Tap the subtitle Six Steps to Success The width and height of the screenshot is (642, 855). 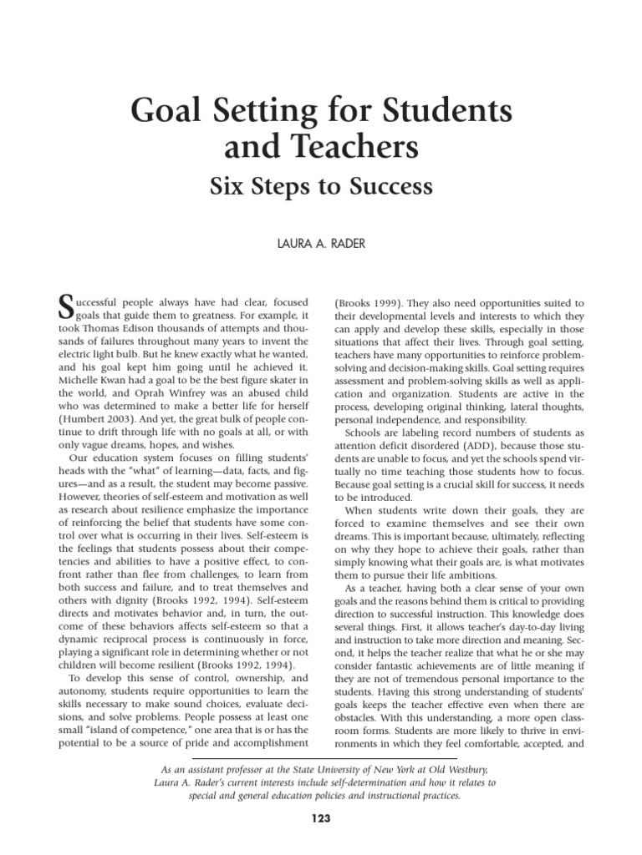coord(321,186)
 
